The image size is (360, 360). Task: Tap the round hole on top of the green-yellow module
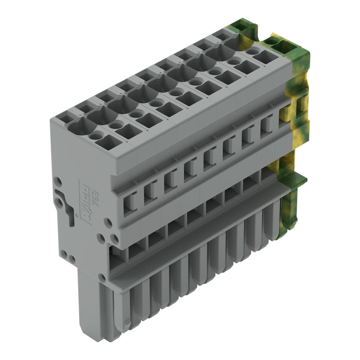click(270, 41)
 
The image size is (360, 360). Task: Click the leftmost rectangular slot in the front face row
click(130, 204)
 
